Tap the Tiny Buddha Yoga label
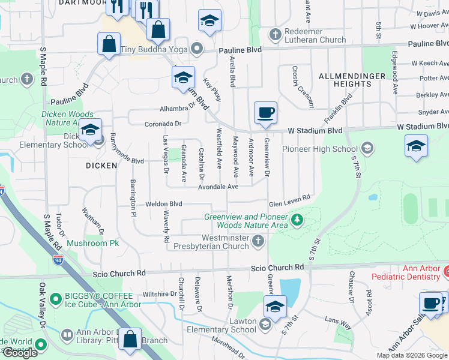click(x=155, y=49)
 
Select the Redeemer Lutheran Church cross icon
click(x=276, y=34)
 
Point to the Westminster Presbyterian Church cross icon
click(x=258, y=241)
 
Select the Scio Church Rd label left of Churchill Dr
click(x=119, y=274)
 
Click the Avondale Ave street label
click(x=219, y=187)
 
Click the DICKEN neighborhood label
click(x=101, y=165)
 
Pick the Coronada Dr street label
click(x=162, y=124)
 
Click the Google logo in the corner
click(x=20, y=353)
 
